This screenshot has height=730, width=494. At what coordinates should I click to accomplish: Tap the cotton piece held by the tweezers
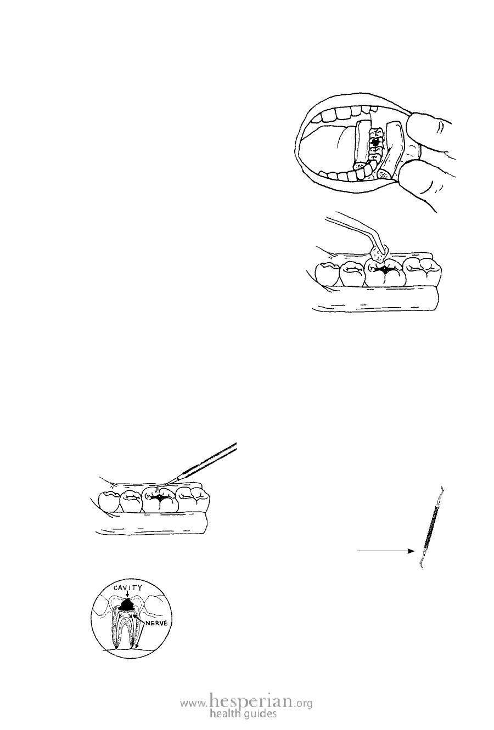379,253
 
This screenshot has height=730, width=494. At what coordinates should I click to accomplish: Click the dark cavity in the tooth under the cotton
385,269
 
